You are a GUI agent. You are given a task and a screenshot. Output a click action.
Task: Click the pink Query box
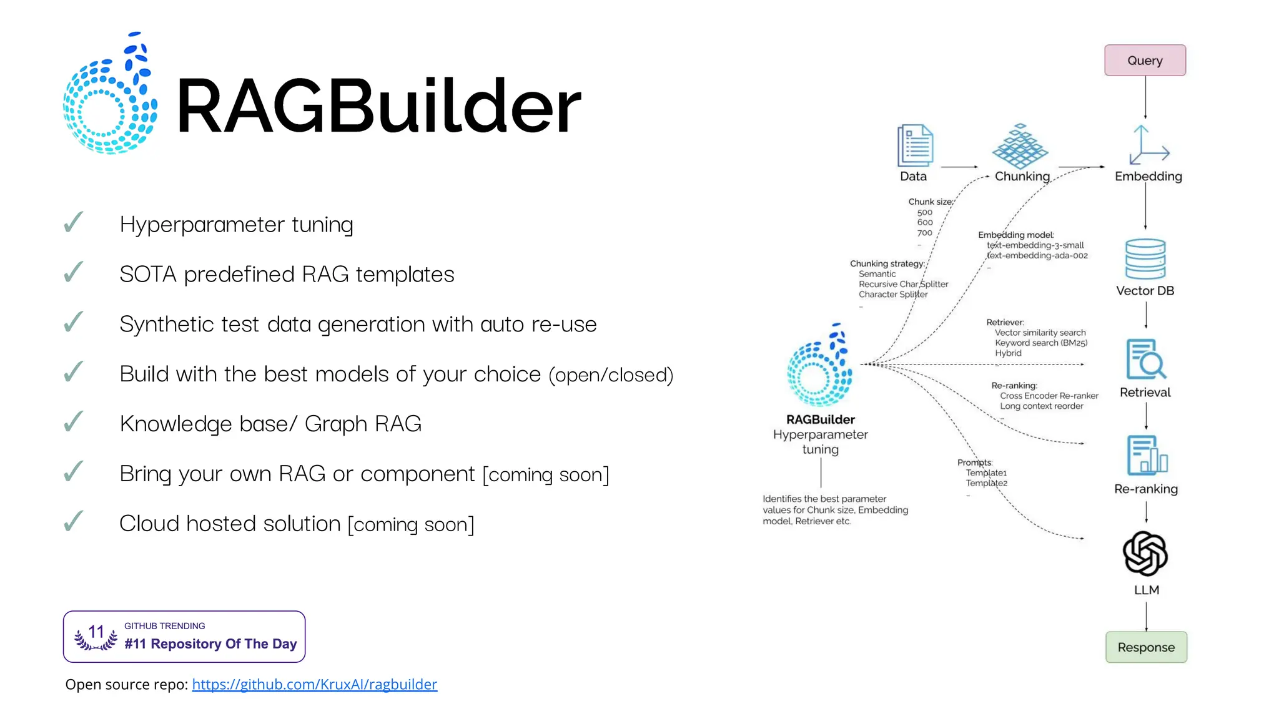tap(1144, 61)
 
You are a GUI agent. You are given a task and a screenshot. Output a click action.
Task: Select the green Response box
tap(1145, 647)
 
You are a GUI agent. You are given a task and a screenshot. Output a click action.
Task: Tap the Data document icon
tap(914, 145)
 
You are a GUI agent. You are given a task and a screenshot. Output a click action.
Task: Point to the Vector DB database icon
tap(1145, 259)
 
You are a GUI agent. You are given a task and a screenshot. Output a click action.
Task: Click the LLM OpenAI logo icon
tap(1145, 554)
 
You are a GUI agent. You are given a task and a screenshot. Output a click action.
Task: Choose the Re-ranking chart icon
tap(1147, 455)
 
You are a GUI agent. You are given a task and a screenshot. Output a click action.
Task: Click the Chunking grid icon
tap(1020, 146)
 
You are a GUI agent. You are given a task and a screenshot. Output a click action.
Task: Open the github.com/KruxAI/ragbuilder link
tap(314, 684)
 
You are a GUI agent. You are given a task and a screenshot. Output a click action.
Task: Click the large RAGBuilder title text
tap(378, 105)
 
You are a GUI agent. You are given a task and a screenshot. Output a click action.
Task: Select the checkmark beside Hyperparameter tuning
tap(74, 222)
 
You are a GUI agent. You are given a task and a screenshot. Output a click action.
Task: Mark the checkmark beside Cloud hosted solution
tap(74, 521)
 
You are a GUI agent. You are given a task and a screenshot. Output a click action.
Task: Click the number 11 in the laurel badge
tap(96, 632)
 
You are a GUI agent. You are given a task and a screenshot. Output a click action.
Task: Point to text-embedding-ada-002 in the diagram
tap(1037, 256)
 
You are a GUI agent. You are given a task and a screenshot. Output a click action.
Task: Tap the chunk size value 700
tap(924, 233)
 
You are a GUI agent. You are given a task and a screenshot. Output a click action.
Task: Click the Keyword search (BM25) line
tap(1040, 343)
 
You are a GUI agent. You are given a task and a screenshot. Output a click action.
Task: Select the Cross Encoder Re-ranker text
tap(1049, 396)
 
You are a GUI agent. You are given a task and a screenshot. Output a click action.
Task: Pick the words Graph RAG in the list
tap(363, 424)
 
